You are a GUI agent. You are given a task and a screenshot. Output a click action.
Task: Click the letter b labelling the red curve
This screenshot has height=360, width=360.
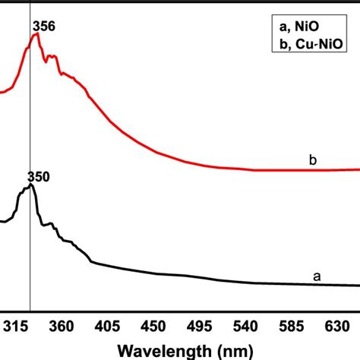coord(312,160)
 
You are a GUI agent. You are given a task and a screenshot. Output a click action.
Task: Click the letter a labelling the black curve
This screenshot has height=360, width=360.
coord(317,277)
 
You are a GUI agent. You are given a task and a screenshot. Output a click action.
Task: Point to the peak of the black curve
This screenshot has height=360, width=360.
coord(31,185)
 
